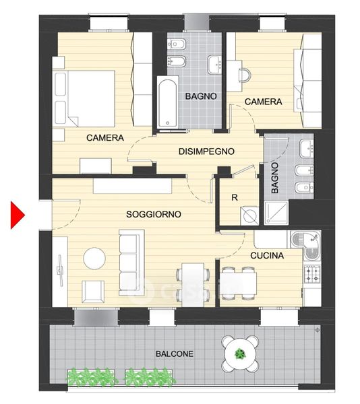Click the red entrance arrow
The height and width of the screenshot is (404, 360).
(x=16, y=215)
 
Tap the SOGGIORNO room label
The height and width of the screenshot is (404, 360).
(x=154, y=214)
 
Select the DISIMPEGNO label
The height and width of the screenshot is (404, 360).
(x=206, y=151)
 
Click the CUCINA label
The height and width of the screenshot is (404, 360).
(x=267, y=255)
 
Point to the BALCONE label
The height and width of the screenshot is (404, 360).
(x=175, y=353)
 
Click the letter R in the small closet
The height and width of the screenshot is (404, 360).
(x=235, y=197)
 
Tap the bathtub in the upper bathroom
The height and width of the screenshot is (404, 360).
(x=168, y=102)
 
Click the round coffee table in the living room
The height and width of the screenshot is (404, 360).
(x=94, y=259)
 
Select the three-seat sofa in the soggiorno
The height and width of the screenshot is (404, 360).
(x=131, y=263)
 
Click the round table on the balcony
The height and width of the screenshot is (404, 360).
(x=241, y=354)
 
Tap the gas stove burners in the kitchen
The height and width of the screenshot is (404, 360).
(x=312, y=273)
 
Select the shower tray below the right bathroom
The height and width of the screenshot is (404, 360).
(x=276, y=213)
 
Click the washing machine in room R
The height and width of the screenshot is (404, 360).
(x=249, y=215)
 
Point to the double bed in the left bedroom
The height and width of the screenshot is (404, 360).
(x=84, y=98)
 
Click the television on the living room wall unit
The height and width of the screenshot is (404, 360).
(x=60, y=270)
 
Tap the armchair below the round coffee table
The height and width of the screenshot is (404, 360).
(x=93, y=292)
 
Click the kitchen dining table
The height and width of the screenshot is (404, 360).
(x=238, y=283)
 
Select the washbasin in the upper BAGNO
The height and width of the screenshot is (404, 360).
(x=214, y=65)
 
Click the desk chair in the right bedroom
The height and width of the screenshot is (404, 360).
(x=245, y=75)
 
